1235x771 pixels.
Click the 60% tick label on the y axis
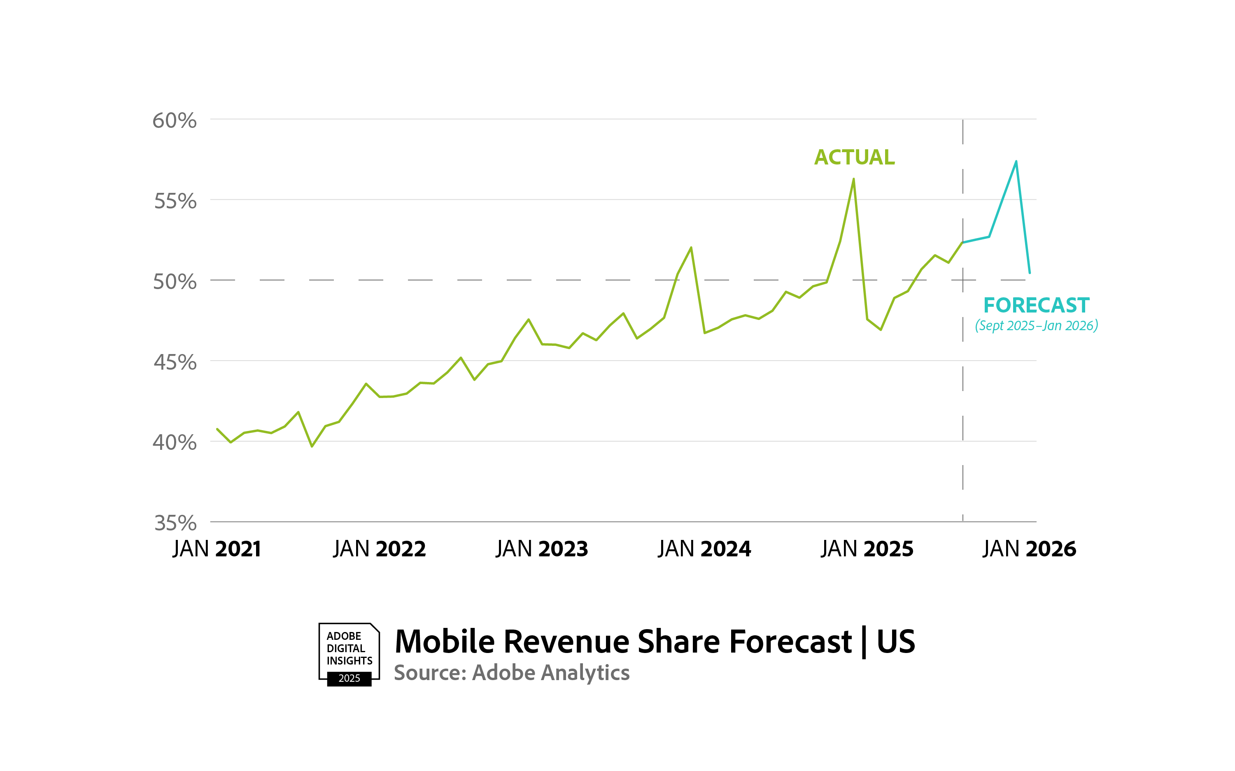click(x=175, y=121)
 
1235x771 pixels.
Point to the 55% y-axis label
click(x=175, y=201)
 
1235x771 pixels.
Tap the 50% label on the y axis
click(x=175, y=282)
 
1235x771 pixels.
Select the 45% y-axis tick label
click(x=175, y=363)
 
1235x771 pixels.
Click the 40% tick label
click(x=175, y=442)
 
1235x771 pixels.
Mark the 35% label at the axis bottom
click(x=175, y=523)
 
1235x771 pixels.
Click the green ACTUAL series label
click(x=854, y=157)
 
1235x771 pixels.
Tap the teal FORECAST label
click(x=1036, y=306)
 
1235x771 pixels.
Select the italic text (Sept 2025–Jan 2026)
click(x=1036, y=326)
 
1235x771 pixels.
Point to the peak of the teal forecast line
click(x=1016, y=162)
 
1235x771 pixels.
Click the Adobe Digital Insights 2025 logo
click(x=349, y=654)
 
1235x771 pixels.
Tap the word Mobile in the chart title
click(x=445, y=641)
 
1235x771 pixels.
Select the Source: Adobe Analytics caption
click(x=511, y=673)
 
